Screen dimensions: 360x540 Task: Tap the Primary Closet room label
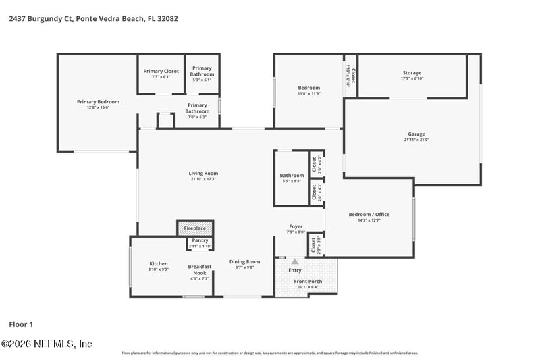point(161,71)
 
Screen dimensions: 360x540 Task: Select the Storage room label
point(411,73)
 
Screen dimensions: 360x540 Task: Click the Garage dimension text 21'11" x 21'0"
point(416,140)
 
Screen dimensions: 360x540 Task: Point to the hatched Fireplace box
point(195,228)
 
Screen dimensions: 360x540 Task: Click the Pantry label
point(200,240)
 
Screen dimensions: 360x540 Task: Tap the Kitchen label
point(158,263)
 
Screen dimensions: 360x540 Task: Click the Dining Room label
point(244,261)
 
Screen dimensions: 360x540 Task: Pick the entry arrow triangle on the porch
point(294,261)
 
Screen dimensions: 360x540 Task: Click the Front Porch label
point(308,281)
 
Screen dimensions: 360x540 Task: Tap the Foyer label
point(296,226)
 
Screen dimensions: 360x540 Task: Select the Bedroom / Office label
point(369,215)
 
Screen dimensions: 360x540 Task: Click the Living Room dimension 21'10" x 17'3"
point(203,179)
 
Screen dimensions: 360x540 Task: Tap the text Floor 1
point(20,325)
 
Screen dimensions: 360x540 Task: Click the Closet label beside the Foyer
point(314,245)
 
